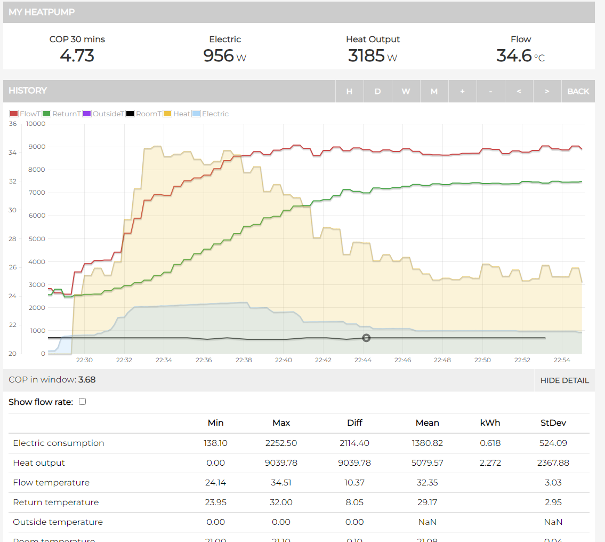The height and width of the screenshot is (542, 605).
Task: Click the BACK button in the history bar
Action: tap(578, 91)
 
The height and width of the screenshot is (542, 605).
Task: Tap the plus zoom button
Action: tap(462, 91)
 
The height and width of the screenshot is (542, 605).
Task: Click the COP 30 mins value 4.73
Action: tap(77, 55)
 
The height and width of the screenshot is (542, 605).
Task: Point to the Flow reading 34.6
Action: tap(514, 55)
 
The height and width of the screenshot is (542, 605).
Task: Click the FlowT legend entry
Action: tap(25, 114)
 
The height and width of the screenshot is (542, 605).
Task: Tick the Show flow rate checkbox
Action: tap(82, 402)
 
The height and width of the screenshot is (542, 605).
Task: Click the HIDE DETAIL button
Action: tap(564, 380)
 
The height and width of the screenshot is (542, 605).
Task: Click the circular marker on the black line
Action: tap(366, 338)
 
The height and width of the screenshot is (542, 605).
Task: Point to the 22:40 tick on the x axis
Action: tap(283, 360)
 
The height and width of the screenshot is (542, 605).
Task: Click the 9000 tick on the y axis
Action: tap(37, 147)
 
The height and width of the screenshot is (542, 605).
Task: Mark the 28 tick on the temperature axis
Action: tap(13, 238)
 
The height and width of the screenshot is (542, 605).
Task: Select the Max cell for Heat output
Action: tap(281, 463)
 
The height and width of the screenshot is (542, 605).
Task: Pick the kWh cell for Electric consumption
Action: tap(490, 443)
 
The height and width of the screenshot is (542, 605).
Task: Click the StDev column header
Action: tap(553, 423)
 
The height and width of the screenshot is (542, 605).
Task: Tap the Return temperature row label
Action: tap(56, 502)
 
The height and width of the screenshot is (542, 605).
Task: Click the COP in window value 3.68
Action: tap(87, 380)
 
